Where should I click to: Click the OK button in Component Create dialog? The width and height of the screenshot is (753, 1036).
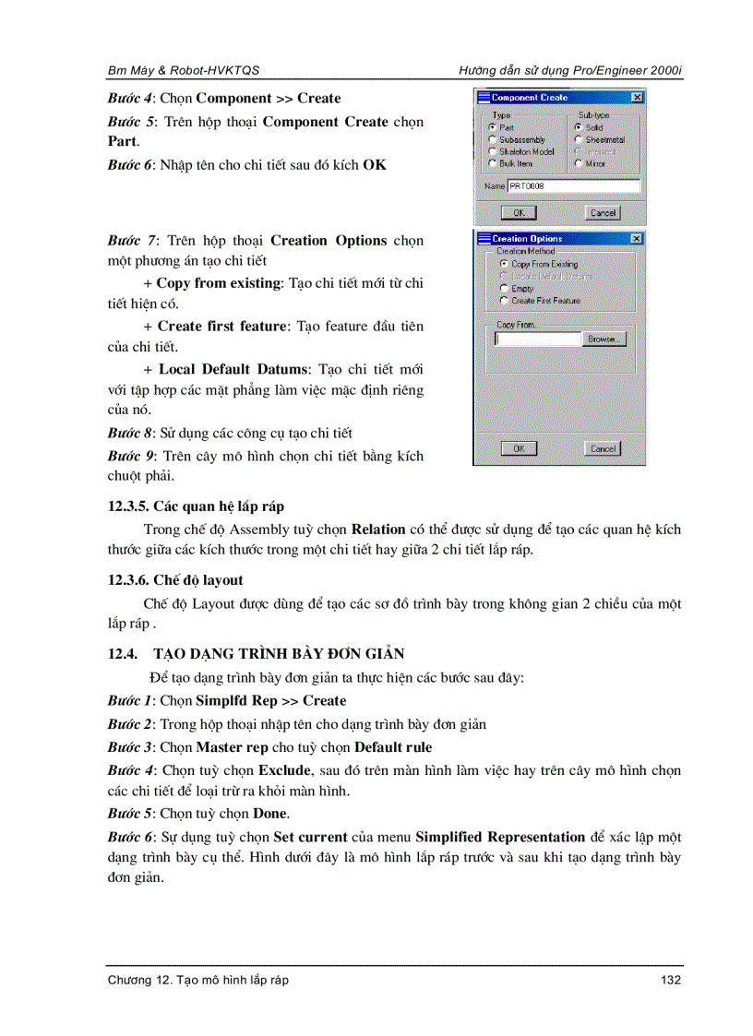click(518, 213)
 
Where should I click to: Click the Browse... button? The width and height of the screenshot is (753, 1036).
click(604, 339)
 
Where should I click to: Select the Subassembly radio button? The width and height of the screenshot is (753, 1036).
click(493, 140)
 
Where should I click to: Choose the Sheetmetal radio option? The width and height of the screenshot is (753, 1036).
click(579, 140)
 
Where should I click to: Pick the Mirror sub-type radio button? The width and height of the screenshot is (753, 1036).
click(579, 163)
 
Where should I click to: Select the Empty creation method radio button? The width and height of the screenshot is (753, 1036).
click(504, 289)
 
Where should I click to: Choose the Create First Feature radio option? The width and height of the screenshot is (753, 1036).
click(504, 301)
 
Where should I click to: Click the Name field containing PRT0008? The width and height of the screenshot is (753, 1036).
click(573, 186)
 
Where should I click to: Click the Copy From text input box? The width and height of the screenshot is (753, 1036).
click(538, 339)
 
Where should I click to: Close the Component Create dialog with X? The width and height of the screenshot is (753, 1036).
click(637, 97)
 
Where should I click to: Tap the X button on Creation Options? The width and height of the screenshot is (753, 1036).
click(637, 238)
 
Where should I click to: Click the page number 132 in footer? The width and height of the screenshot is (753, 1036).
click(671, 980)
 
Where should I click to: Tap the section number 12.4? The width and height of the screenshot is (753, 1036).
click(122, 654)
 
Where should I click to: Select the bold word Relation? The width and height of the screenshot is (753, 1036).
click(378, 530)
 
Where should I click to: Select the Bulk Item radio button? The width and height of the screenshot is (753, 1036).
click(493, 163)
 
